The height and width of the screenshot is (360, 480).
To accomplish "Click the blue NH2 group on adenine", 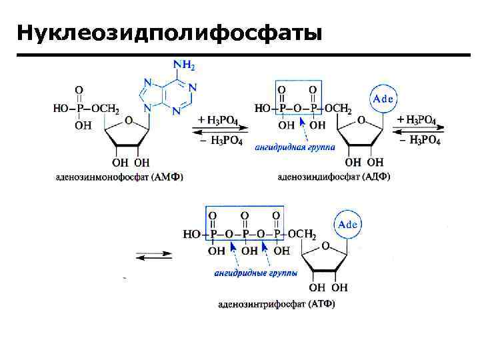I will coord(184,65).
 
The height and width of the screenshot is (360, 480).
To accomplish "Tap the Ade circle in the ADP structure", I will coord(383,99).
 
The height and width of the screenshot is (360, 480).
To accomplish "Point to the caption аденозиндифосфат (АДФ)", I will coord(333,177).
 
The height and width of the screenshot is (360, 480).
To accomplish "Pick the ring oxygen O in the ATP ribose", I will coord(327,247).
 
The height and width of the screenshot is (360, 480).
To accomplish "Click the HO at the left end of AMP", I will coord(61,109).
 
